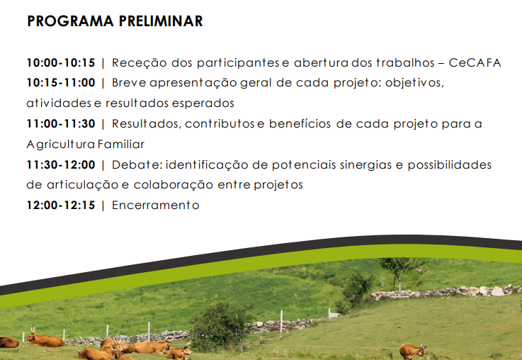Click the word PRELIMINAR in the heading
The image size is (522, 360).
pos(161,21)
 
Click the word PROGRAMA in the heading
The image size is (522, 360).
pos(71,21)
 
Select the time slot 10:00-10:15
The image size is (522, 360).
pos(61,62)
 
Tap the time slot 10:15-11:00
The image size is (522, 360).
pos(61,83)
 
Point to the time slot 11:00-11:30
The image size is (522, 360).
pos(61,124)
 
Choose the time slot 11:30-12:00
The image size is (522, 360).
pos(61,164)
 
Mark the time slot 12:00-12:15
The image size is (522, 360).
pos(61,205)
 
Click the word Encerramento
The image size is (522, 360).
pos(156,205)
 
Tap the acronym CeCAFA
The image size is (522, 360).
pos(475,62)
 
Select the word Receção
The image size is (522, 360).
pos(139,63)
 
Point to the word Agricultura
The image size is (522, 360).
pos(61,145)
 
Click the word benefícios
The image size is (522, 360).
pos(300,124)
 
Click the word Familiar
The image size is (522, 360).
pos(121,144)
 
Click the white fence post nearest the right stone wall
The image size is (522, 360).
pos(329,313)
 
